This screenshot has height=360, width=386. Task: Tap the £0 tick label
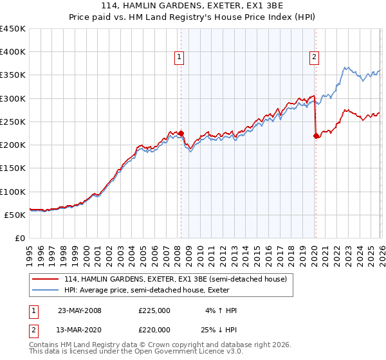click(x=20, y=239)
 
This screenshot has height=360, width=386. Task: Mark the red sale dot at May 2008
click(x=181, y=134)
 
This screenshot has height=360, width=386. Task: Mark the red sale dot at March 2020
click(x=316, y=136)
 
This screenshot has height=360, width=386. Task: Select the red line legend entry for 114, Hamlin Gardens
click(x=179, y=278)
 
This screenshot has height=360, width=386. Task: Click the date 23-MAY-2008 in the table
click(x=80, y=310)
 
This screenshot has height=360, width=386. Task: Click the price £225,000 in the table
click(x=154, y=310)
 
